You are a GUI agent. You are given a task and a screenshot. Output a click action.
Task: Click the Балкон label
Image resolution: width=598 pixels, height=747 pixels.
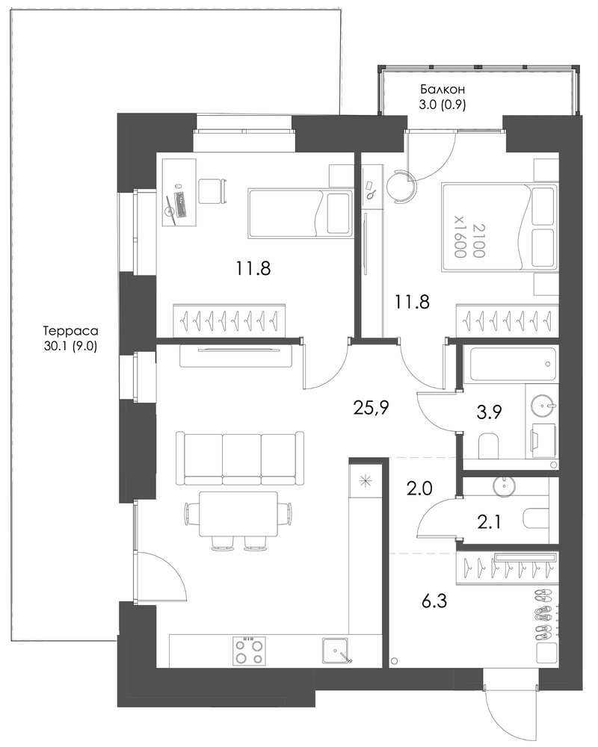pyautogui.click(x=442, y=89)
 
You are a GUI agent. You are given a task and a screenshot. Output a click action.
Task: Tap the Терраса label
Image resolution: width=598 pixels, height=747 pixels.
pyautogui.click(x=70, y=331)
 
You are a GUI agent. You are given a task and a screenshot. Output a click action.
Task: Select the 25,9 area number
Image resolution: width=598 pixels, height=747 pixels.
pyautogui.click(x=372, y=408)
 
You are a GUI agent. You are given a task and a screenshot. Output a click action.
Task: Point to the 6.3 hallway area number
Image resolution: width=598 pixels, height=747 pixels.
pyautogui.click(x=434, y=601)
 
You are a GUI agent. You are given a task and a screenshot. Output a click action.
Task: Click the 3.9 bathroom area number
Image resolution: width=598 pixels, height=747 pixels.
pyautogui.click(x=490, y=412)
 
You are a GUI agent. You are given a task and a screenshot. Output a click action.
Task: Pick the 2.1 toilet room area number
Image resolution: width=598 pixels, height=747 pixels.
pyautogui.click(x=490, y=523)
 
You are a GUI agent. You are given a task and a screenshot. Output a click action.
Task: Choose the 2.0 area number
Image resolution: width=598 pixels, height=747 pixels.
pyautogui.click(x=419, y=489)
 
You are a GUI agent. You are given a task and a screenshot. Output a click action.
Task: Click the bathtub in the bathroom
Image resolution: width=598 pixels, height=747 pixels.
pyautogui.click(x=513, y=365)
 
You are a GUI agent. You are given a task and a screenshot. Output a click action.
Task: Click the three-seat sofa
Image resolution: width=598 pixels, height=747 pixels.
pyautogui.click(x=240, y=458)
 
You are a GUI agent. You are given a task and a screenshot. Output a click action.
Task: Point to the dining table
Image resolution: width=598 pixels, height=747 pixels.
pyautogui.click(x=238, y=514)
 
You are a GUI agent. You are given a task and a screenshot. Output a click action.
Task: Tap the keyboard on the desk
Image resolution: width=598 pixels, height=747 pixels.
pyautogui.click(x=181, y=204)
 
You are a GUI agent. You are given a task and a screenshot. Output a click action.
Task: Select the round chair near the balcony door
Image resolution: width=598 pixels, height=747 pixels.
pyautogui.click(x=401, y=187)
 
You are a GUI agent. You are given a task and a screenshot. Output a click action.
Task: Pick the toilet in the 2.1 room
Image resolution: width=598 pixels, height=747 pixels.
pyautogui.click(x=540, y=519)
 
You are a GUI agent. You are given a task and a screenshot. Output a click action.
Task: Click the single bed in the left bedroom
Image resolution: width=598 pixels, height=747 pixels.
pyautogui.click(x=300, y=213)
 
